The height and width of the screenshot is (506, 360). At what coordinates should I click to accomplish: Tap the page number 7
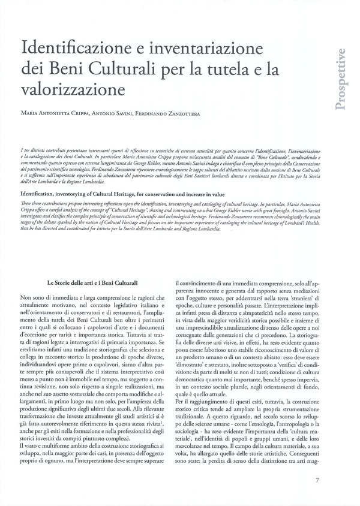coord(317,480)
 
